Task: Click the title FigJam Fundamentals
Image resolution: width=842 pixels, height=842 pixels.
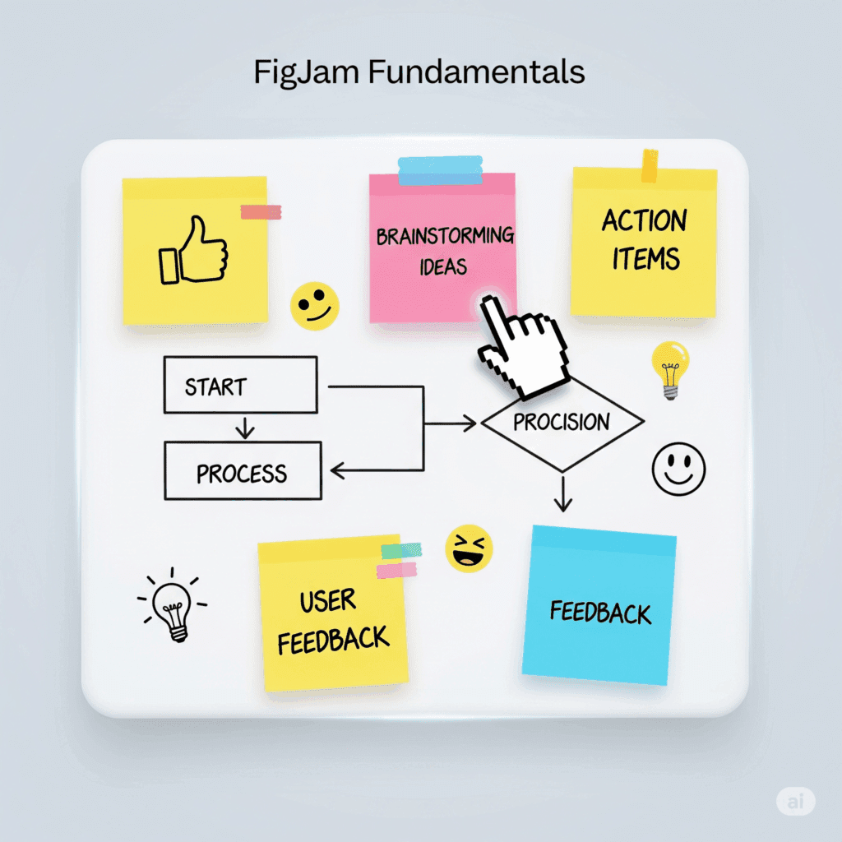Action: coord(419,72)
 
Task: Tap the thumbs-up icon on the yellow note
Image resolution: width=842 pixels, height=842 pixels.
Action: coord(194,251)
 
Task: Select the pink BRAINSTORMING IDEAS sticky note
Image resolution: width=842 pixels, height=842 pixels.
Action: coord(442,247)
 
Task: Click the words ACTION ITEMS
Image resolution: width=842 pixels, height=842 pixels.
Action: coord(644,240)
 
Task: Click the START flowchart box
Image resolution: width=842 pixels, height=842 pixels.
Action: coord(240,385)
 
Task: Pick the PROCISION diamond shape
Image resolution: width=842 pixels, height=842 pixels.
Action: coord(562,423)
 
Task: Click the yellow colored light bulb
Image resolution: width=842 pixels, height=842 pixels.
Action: coord(669,368)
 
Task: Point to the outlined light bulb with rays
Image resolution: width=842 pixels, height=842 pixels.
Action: coord(174,604)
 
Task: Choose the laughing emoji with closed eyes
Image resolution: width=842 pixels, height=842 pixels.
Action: coord(469,548)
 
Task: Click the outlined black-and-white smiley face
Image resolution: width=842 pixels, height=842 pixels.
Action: coord(678,469)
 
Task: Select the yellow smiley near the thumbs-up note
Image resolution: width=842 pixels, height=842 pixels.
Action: coord(314,306)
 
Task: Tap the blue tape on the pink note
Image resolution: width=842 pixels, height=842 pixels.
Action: coord(441,171)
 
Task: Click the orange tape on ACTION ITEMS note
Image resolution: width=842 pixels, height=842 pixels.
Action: coord(650,165)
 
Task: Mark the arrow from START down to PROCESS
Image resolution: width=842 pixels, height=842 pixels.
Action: coord(243,428)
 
